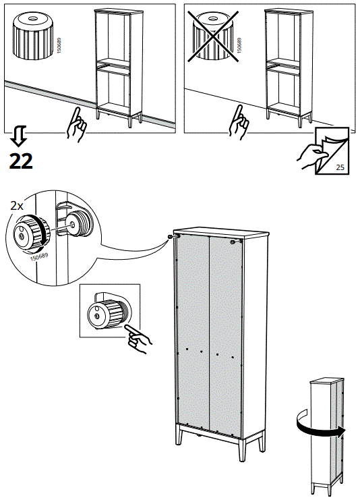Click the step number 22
20,161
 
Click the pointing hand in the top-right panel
239,124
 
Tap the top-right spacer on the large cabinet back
233,241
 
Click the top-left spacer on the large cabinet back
171,235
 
